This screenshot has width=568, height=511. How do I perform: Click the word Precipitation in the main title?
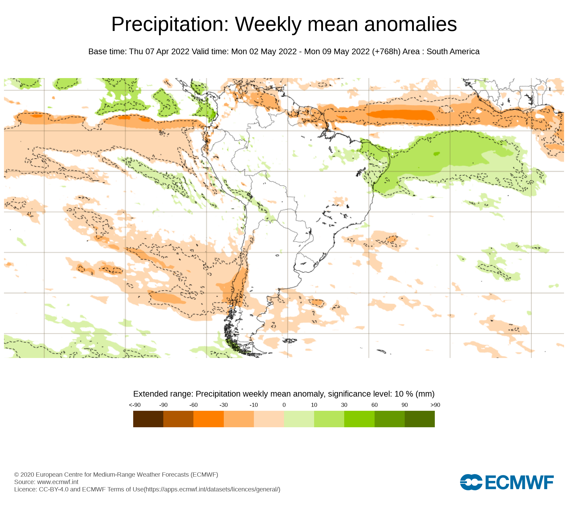170,24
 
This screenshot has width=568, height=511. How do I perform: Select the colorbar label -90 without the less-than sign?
163,405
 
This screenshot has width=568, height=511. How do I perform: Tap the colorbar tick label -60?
193,405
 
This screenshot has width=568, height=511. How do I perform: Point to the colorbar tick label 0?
284,405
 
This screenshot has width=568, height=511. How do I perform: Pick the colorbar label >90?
435,405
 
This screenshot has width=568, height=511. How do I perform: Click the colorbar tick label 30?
344,405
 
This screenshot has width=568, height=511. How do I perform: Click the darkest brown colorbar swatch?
148,419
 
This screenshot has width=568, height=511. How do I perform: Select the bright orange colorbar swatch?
208,419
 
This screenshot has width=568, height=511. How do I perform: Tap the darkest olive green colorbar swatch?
420,419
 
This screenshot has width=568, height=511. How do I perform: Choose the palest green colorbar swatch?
299,419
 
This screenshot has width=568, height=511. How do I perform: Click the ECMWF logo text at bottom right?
519,482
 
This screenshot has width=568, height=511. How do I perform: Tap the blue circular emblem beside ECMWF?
471,482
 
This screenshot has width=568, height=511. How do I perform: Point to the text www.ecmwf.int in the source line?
58,482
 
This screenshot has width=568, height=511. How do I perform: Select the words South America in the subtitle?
453,52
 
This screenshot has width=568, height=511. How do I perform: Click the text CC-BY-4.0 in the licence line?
54,489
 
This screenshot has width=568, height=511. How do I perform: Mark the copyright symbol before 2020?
16,475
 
